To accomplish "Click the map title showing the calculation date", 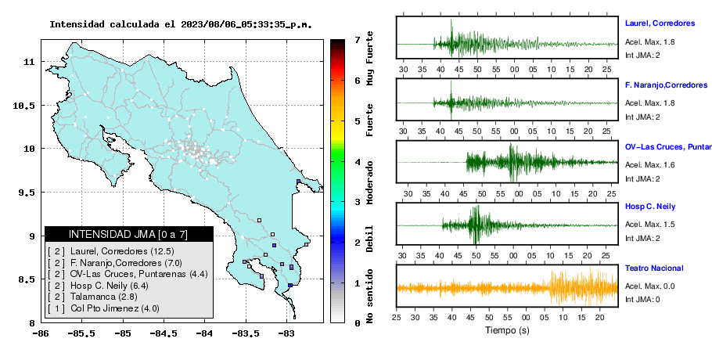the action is (x=181, y=24).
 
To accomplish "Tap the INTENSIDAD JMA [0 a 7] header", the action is (x=128, y=234).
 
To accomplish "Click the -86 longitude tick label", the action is (x=41, y=334).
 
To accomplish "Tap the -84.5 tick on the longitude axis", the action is (x=164, y=334).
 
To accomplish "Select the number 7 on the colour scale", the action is (x=357, y=40).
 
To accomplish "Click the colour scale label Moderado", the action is (x=370, y=182).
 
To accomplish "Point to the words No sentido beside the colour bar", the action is (x=370, y=296).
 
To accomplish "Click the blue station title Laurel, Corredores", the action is (x=660, y=23).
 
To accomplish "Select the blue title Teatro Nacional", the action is (x=654, y=268).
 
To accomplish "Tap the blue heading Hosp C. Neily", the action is (x=650, y=207).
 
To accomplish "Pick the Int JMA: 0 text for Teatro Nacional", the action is (x=642, y=299).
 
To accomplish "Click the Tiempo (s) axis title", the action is (x=507, y=330).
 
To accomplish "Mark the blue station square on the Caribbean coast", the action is (x=298, y=181).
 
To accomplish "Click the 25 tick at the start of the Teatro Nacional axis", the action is (x=397, y=317).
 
